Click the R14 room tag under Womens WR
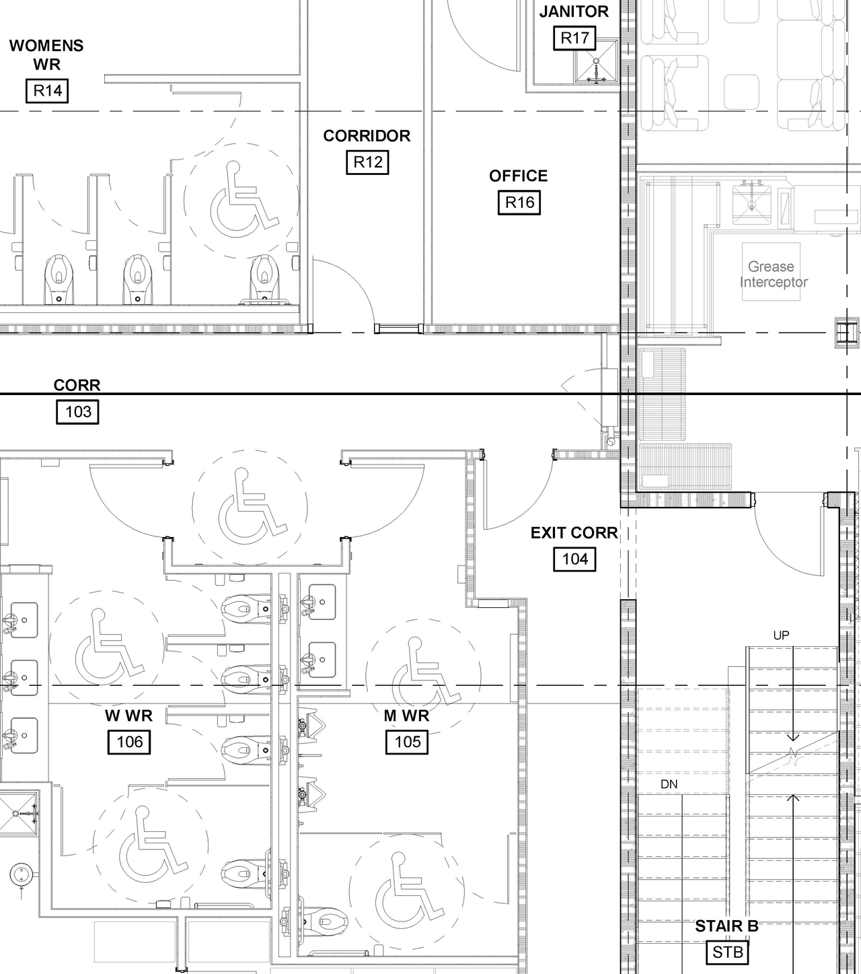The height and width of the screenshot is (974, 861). pos(48,91)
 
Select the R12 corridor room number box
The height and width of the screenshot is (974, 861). pos(368,162)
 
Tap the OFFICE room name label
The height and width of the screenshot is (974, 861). pos(518,176)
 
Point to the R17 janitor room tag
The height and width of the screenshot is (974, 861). pos(574,38)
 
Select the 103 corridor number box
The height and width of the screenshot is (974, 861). pos(78,412)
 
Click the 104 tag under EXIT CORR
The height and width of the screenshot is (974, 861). pos(574,559)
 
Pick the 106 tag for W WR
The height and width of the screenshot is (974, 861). pos(129,742)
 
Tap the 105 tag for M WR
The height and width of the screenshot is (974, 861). pos(407,742)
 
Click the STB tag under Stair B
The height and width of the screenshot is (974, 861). pos(728,952)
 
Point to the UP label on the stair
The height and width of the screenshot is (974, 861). pos(781,635)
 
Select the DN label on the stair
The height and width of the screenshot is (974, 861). pos(669,784)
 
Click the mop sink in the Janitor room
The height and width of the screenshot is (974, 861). pos(596,63)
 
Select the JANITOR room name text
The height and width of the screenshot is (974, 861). pos(574,12)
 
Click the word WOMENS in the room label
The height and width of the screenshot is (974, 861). pos(46,46)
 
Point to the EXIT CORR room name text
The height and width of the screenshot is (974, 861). pos(574,533)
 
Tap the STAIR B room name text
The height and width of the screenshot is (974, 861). pos(726,927)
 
